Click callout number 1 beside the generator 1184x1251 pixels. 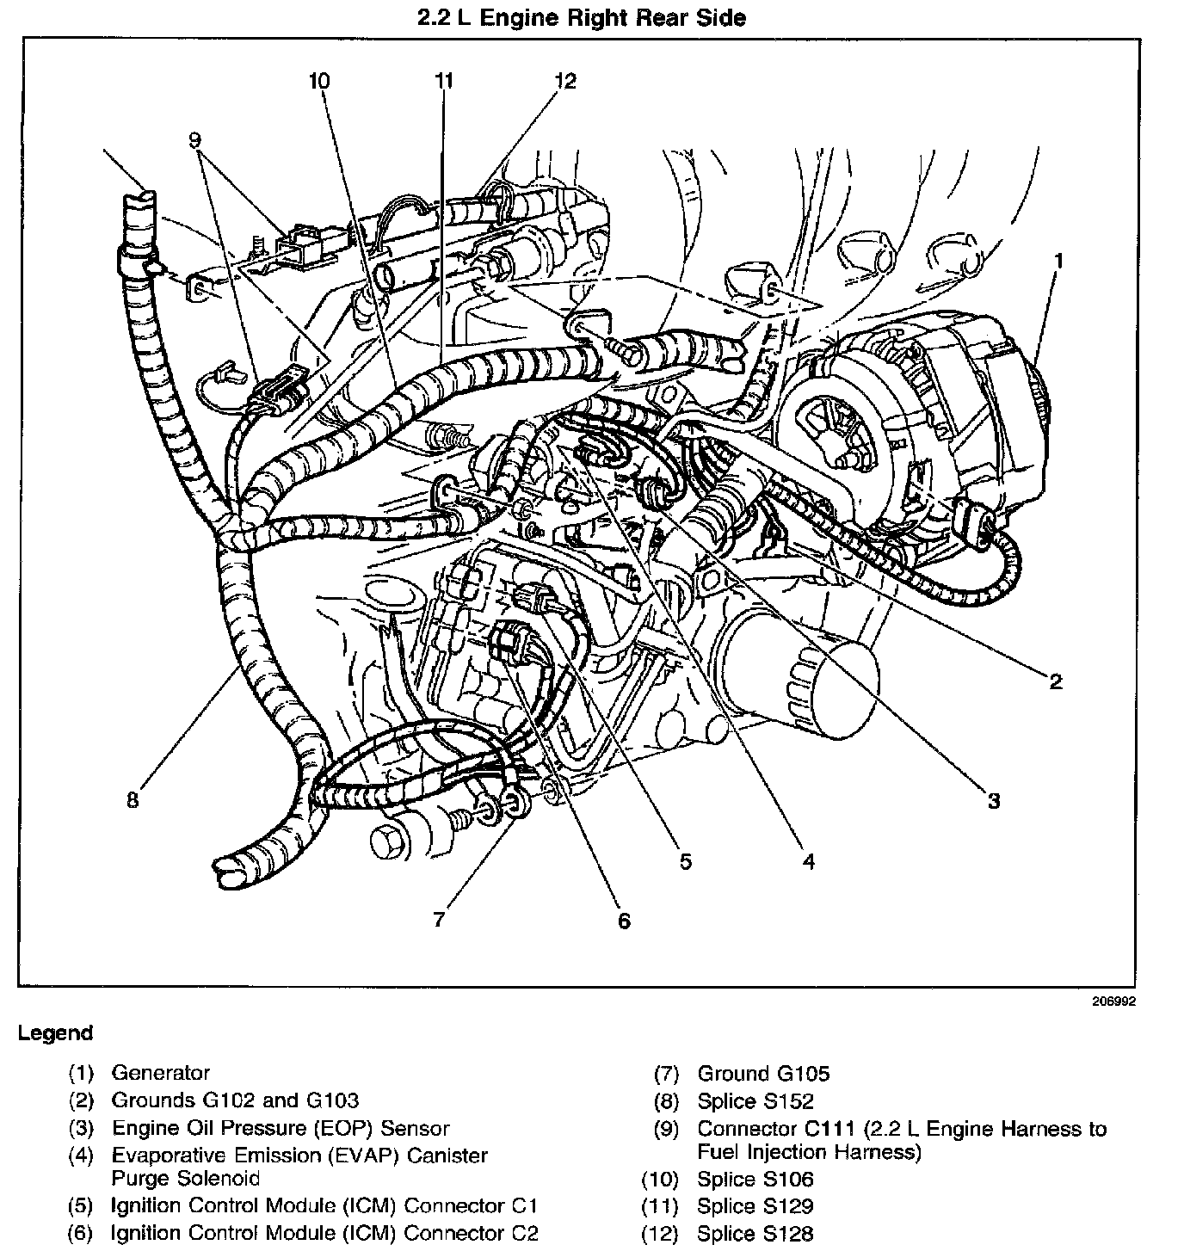(1059, 260)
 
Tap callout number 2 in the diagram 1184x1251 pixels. (1055, 681)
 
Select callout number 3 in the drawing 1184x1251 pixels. (993, 801)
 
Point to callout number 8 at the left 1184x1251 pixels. (132, 801)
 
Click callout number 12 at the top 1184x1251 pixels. (564, 81)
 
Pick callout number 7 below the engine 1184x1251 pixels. (439, 920)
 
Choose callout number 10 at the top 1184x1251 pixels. (318, 81)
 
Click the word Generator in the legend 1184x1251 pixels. (160, 1073)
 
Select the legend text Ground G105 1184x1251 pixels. (763, 1074)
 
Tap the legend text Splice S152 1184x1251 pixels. (755, 1101)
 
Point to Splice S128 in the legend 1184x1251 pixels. (755, 1234)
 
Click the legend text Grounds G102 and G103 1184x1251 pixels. (235, 1100)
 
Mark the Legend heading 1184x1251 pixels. (55, 1033)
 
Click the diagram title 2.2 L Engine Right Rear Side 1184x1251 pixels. (582, 17)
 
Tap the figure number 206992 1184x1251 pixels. (1116, 1001)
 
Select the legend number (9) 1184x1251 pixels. (666, 1129)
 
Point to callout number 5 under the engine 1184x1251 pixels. (685, 861)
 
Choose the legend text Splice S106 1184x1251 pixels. (755, 1180)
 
